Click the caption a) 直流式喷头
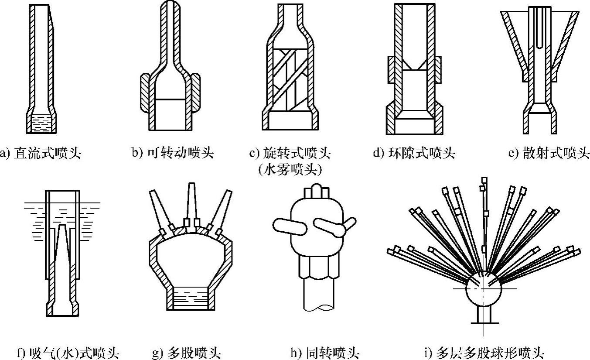[x=42, y=153]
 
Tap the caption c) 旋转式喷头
[x=290, y=153]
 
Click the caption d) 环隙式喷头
[x=414, y=153]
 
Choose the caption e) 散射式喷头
[x=549, y=153]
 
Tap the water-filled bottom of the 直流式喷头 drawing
[x=42, y=123]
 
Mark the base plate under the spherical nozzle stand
[x=484, y=323]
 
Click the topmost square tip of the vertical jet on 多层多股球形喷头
[x=484, y=180]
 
